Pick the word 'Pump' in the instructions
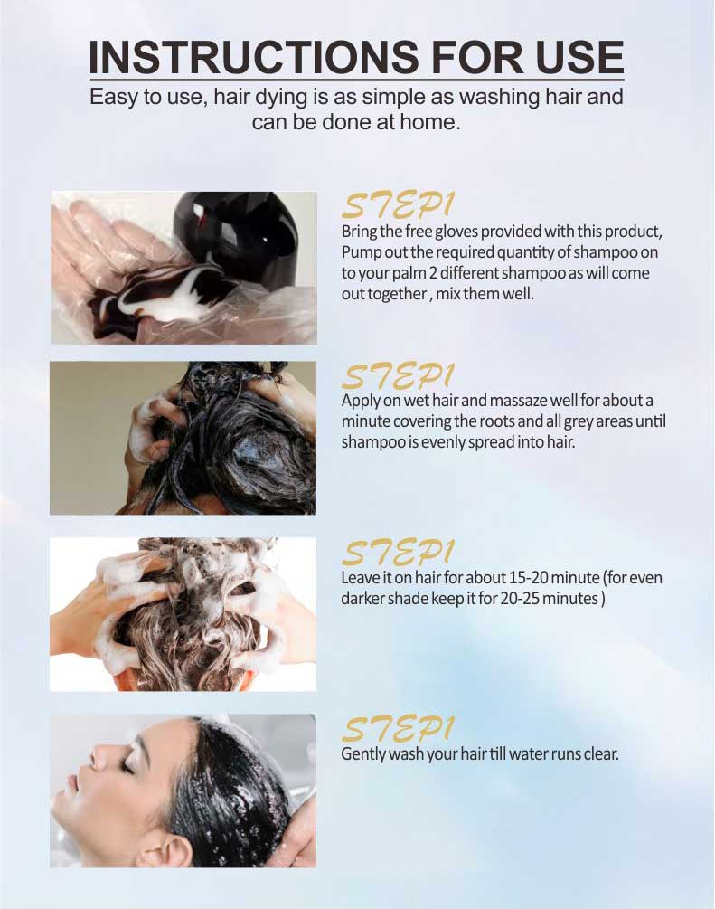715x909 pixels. click(358, 252)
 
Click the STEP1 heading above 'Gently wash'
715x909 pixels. click(398, 728)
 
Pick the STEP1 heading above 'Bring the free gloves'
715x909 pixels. click(398, 205)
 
